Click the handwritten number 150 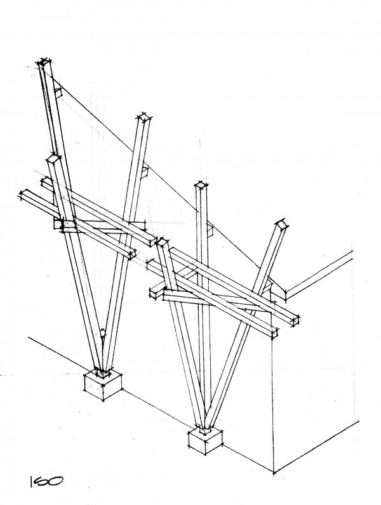(46, 482)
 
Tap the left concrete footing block (103, 385)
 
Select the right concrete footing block (205, 441)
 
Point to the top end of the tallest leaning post (45, 62)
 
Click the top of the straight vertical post (201, 185)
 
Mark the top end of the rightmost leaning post (281, 224)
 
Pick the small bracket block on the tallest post (58, 92)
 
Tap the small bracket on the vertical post (210, 229)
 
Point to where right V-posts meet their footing (205, 429)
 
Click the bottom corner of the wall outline (274, 473)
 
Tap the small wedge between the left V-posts (102, 333)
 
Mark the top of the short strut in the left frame (53, 158)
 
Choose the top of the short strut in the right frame (161, 241)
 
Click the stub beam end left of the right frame (154, 293)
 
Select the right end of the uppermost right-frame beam (295, 320)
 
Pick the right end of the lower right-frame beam (274, 333)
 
